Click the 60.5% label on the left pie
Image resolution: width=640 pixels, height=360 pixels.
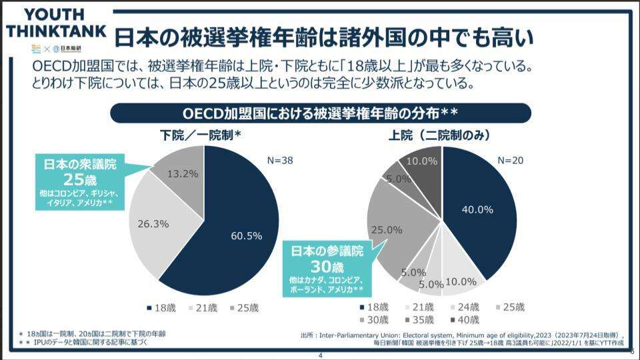[x=246, y=236]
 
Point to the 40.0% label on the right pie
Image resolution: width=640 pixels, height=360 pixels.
[x=477, y=209]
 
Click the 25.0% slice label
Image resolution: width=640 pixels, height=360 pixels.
[x=387, y=229]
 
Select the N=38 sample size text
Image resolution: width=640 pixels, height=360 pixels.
[x=280, y=161]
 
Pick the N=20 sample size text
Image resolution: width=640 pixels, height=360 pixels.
[x=511, y=161]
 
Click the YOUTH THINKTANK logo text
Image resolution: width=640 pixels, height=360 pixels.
[x=55, y=24]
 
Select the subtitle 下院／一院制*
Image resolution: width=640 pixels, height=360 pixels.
[x=201, y=135]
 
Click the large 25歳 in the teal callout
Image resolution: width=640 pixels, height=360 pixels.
[x=80, y=179]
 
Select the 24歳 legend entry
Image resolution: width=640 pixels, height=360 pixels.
[x=467, y=307]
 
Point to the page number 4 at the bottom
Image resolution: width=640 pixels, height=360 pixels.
[x=320, y=355]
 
